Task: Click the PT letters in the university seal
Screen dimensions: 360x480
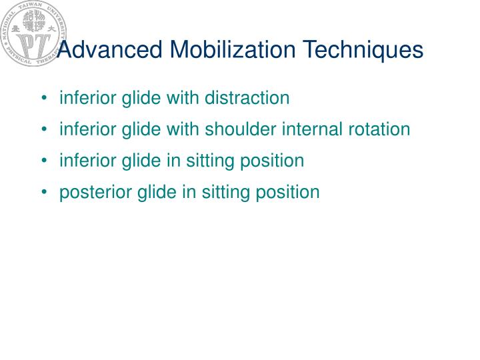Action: point(31,43)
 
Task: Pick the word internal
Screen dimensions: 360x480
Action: point(308,129)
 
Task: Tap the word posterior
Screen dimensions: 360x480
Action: point(87,193)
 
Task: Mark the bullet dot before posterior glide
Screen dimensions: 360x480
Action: point(44,193)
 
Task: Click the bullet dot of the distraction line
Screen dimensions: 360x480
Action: point(44,99)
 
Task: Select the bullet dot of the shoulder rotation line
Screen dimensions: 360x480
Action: point(44,130)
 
